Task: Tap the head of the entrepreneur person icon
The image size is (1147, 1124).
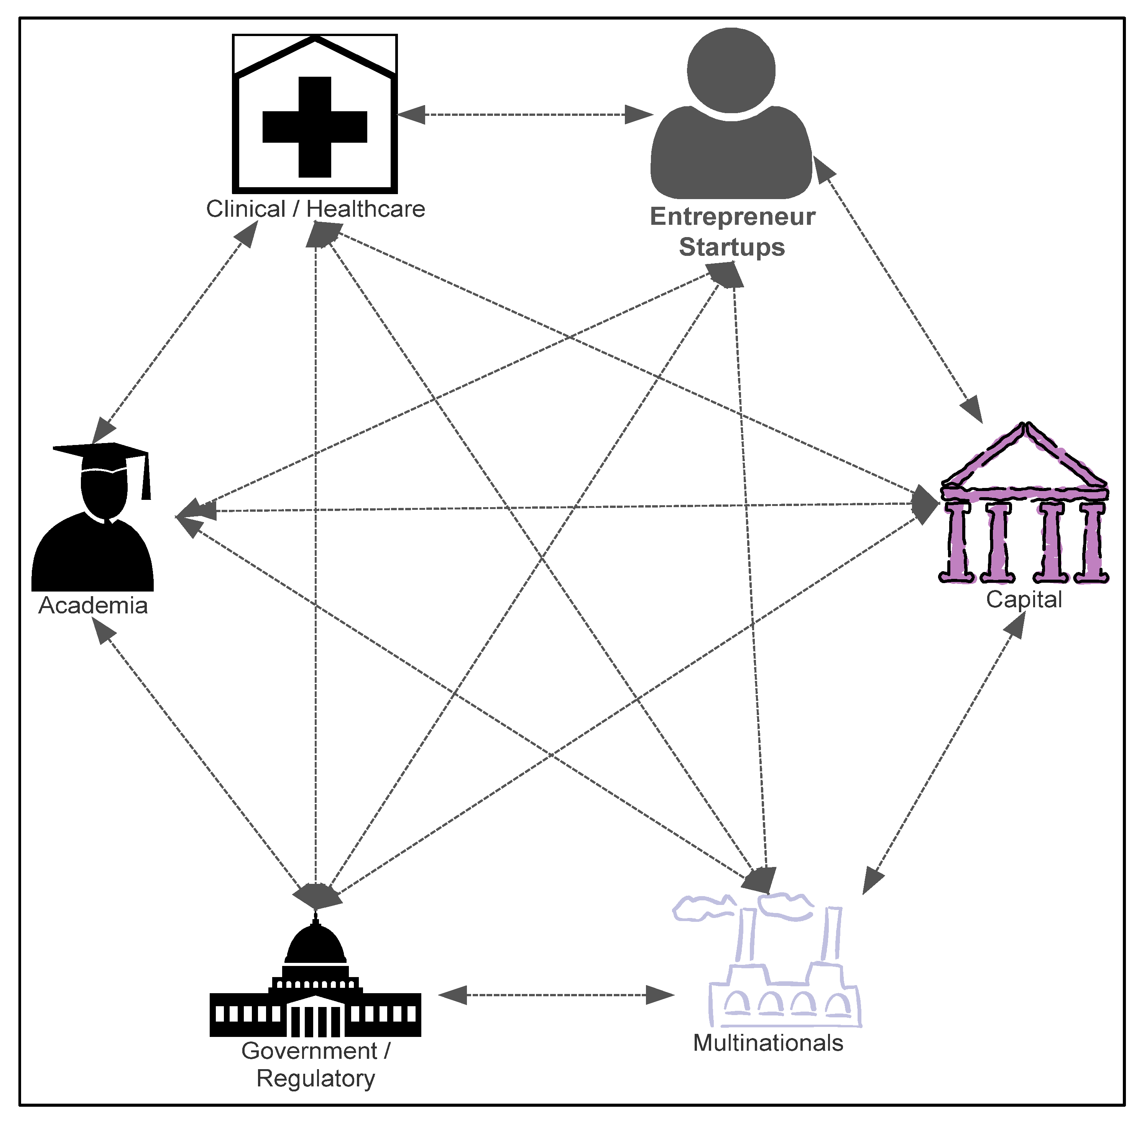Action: tap(731, 70)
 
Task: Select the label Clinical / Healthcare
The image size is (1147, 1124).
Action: tap(315, 209)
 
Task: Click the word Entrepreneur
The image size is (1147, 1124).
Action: tap(732, 217)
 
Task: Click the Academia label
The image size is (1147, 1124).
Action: tap(93, 606)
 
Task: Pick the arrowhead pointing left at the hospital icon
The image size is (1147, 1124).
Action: tap(412, 115)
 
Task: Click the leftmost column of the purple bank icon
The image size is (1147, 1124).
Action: tap(958, 542)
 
